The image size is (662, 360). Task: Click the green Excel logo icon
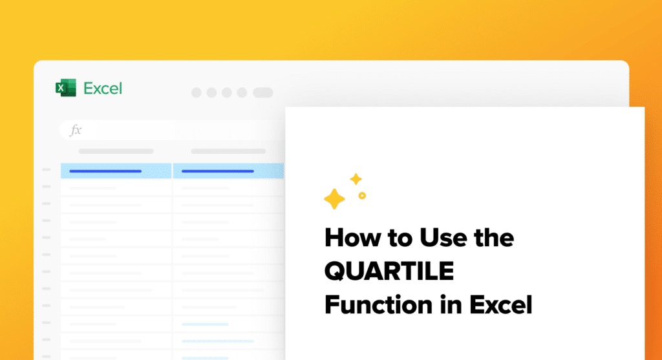[x=66, y=88]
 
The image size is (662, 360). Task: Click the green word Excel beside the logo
[x=103, y=88]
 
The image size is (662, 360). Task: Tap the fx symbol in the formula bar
[x=76, y=130]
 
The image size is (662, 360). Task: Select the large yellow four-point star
[x=334, y=199]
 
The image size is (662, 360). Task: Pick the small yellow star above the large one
[x=356, y=179]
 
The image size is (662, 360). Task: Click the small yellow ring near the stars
[x=362, y=195]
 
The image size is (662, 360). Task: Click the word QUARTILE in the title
[x=389, y=271]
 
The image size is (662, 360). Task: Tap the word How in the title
[x=352, y=238]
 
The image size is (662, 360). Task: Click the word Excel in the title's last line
[x=501, y=304]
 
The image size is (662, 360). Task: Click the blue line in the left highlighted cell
[x=105, y=171]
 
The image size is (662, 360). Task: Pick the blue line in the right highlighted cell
[x=217, y=171]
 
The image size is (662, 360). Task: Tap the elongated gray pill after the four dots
[x=263, y=92]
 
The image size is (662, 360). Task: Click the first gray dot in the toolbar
[x=197, y=92]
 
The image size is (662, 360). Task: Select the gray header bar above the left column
[x=116, y=151]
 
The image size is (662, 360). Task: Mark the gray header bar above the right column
[x=228, y=151]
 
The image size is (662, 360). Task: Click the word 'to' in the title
[x=400, y=238]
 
